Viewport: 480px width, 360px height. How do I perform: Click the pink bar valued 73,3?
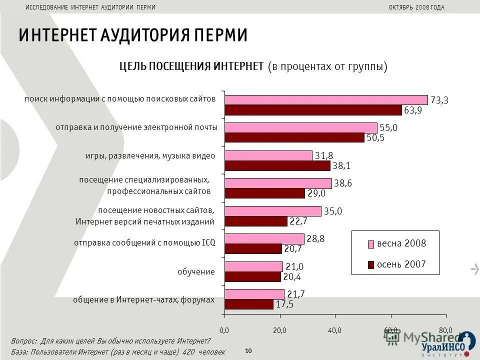326,100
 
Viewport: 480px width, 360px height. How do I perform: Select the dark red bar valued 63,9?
313,110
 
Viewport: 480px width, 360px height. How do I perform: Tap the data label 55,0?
388,128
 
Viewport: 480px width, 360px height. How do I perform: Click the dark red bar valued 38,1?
277,165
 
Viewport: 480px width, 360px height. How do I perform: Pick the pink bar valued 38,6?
278,183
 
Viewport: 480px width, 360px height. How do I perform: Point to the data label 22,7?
298,221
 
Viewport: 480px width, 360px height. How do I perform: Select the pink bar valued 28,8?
264,239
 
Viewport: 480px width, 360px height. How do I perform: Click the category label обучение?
196,272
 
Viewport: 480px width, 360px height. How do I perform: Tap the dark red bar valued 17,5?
248,304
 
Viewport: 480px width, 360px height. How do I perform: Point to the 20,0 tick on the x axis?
279,330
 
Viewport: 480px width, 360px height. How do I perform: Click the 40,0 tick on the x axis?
335,330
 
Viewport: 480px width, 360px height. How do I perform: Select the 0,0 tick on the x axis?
224,330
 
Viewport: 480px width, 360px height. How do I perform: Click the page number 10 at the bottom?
248,351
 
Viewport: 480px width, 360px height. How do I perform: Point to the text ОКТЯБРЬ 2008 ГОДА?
416,7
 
